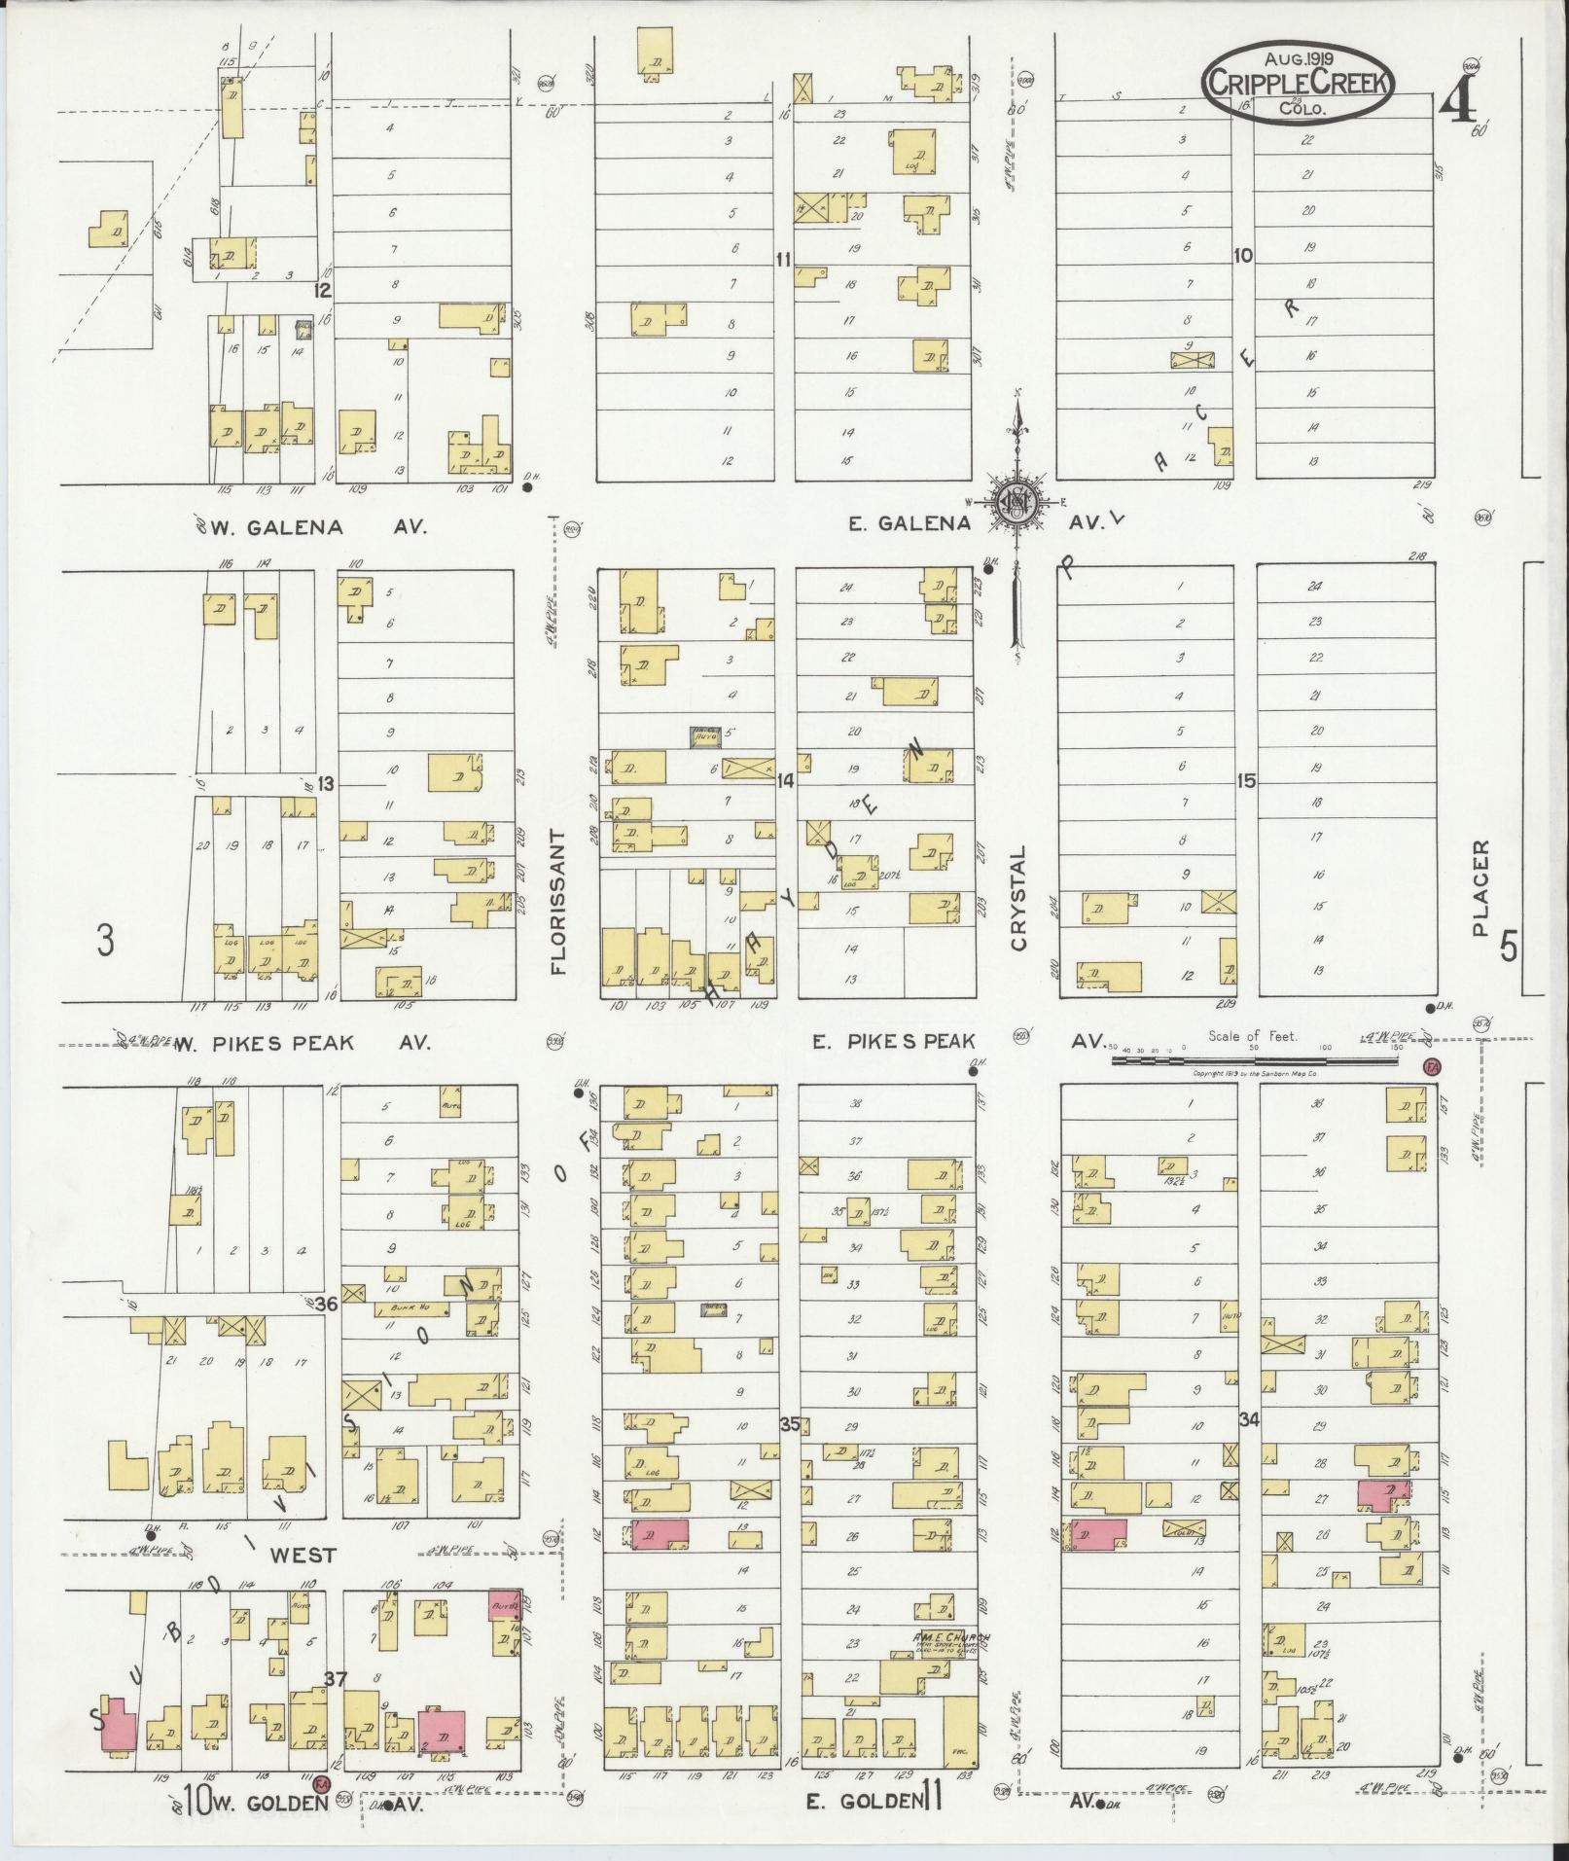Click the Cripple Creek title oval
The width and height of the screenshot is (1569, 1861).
point(1298,83)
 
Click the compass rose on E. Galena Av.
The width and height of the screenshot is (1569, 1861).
point(1016,503)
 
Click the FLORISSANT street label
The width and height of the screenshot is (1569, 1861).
point(557,903)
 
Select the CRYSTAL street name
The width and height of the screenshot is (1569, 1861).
point(1018,897)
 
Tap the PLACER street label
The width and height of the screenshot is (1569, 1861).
point(1480,888)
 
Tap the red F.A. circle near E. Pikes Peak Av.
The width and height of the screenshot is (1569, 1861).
point(1430,1067)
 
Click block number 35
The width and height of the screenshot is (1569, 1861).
point(789,1424)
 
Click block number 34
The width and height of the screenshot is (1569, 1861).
point(1249,1420)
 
